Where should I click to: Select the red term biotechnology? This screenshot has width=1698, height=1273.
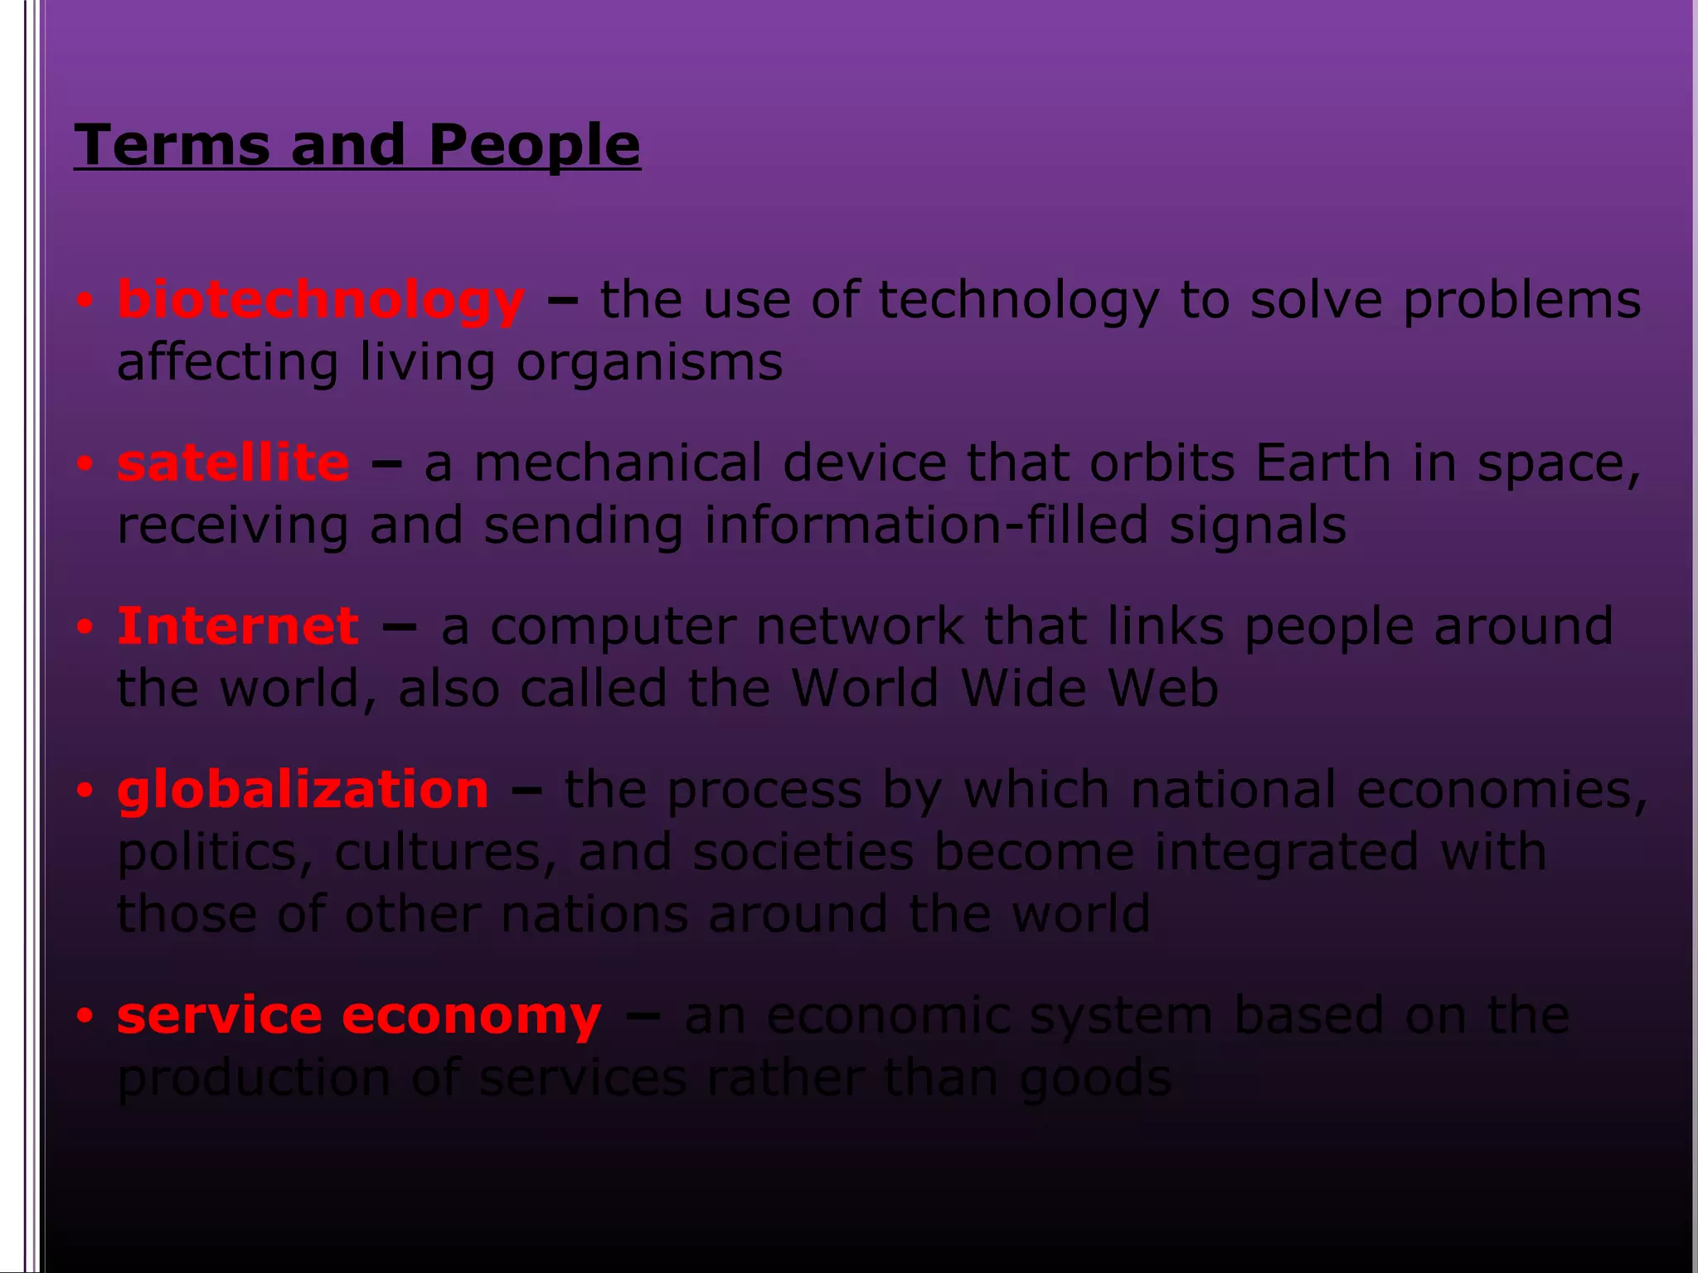point(321,300)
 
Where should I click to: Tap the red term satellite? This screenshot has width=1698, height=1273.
point(233,462)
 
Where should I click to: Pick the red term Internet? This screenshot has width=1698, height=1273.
point(238,626)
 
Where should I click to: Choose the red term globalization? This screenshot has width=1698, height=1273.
point(303,789)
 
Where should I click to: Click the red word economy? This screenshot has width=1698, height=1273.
point(471,1016)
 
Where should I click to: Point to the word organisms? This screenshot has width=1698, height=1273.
point(649,363)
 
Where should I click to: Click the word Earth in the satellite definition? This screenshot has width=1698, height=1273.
point(1322,462)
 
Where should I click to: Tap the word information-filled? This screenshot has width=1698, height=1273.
point(926,525)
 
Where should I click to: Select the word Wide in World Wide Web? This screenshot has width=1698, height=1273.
point(1023,688)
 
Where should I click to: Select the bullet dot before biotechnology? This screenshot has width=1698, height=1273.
point(84,301)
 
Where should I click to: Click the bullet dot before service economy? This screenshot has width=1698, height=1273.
point(84,1016)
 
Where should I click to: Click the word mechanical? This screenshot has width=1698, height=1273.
point(618,462)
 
